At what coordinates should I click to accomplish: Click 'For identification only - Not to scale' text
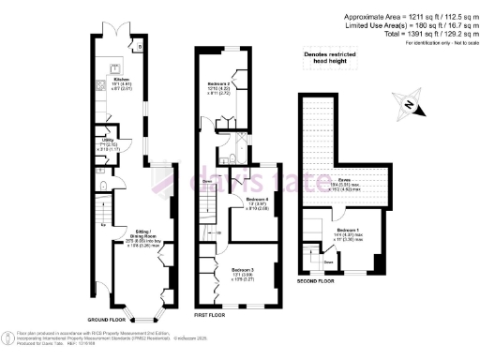click(x=438, y=43)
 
